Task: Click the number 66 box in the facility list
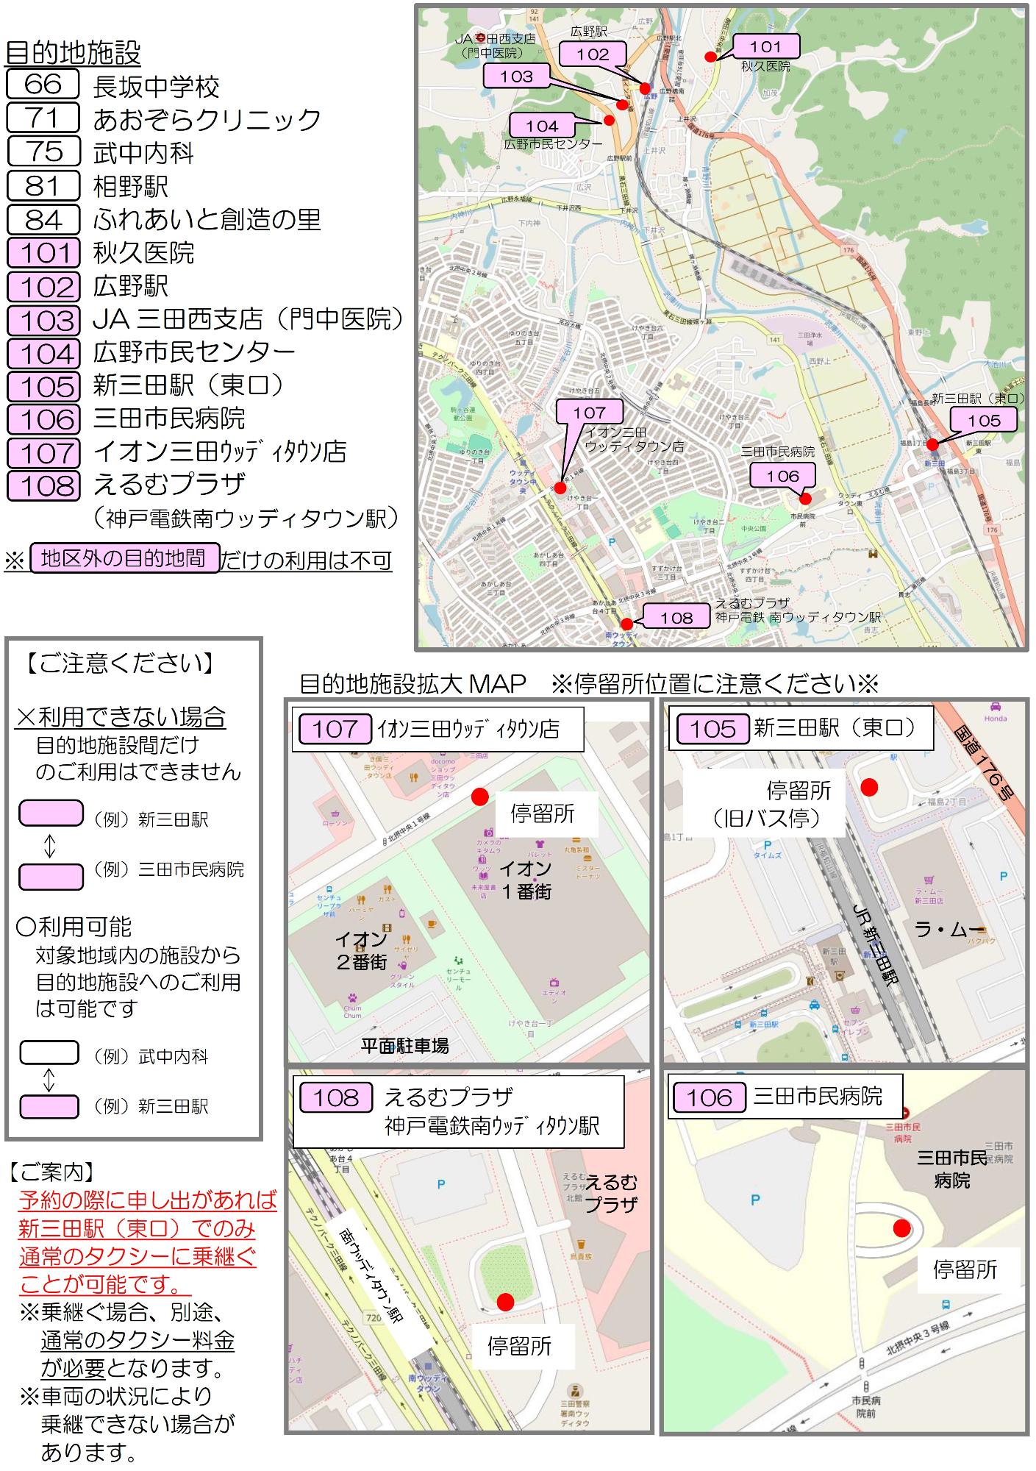pyautogui.click(x=43, y=84)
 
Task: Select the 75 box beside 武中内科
pyautogui.click(x=43, y=151)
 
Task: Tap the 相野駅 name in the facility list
pyautogui.click(x=130, y=186)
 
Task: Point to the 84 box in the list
pyautogui.click(x=43, y=219)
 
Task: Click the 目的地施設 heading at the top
pyautogui.click(x=73, y=53)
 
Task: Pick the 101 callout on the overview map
pyautogui.click(x=765, y=47)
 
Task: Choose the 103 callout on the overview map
pyautogui.click(x=516, y=76)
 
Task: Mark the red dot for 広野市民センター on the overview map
pyautogui.click(x=609, y=120)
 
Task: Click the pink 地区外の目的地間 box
pyautogui.click(x=124, y=558)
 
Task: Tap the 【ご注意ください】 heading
pyautogui.click(x=121, y=663)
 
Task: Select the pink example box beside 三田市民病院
pyautogui.click(x=50, y=876)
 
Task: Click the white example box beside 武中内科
pyautogui.click(x=49, y=1053)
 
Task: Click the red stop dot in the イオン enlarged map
pyautogui.click(x=479, y=797)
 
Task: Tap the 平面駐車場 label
pyautogui.click(x=404, y=1045)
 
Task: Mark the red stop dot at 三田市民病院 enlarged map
pyautogui.click(x=901, y=1228)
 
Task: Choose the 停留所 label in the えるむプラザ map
pyautogui.click(x=519, y=1347)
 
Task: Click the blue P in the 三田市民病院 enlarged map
pyautogui.click(x=754, y=1200)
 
